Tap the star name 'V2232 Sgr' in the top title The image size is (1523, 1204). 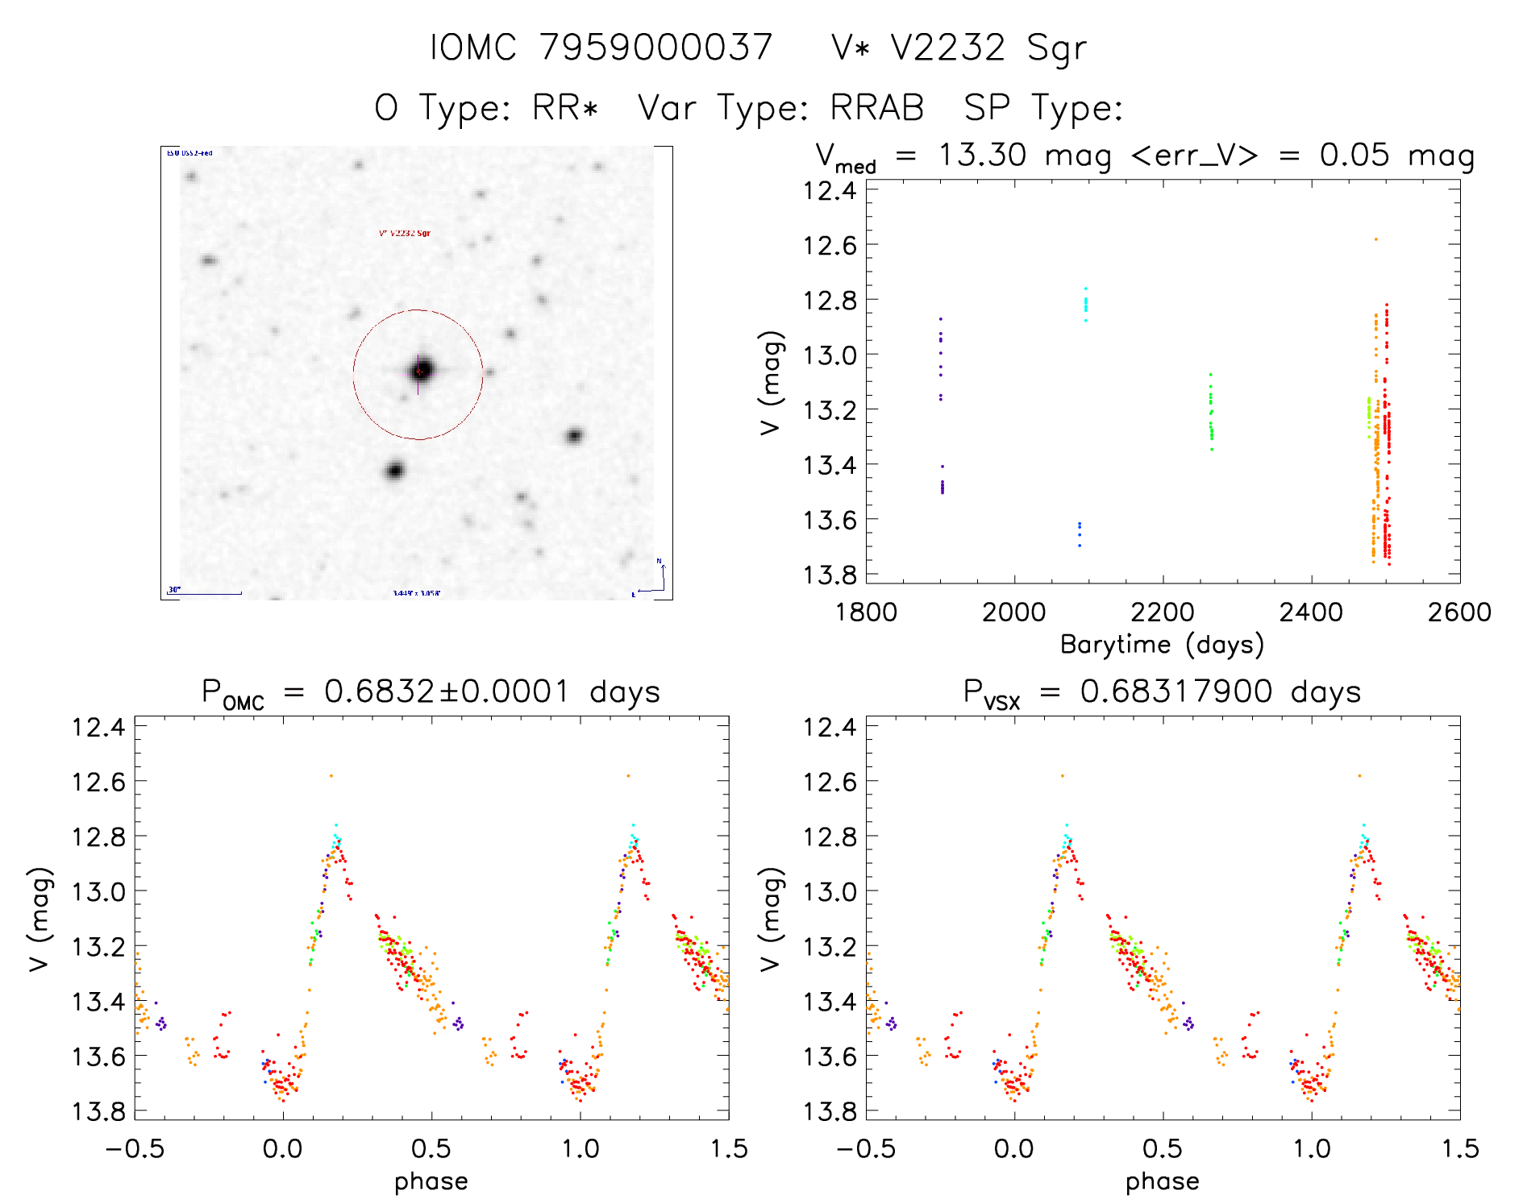click(988, 48)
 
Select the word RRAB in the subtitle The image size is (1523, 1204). click(877, 108)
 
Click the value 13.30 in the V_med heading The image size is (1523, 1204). click(982, 155)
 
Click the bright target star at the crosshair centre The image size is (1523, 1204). click(419, 371)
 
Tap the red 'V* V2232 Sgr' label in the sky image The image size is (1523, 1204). click(404, 234)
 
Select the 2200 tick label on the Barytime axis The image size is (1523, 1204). click(1163, 612)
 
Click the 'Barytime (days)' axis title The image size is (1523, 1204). click(1162, 645)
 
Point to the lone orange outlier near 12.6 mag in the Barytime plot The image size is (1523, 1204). click(1375, 239)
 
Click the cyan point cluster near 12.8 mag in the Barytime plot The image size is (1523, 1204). click(1085, 305)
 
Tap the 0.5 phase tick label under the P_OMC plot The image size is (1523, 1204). click(431, 1148)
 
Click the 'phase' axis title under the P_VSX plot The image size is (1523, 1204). click(1162, 1181)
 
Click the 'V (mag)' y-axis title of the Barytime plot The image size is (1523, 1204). click(771, 383)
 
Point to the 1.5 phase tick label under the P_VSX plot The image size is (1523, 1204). click(1459, 1148)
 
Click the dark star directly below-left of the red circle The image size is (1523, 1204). click(394, 470)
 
